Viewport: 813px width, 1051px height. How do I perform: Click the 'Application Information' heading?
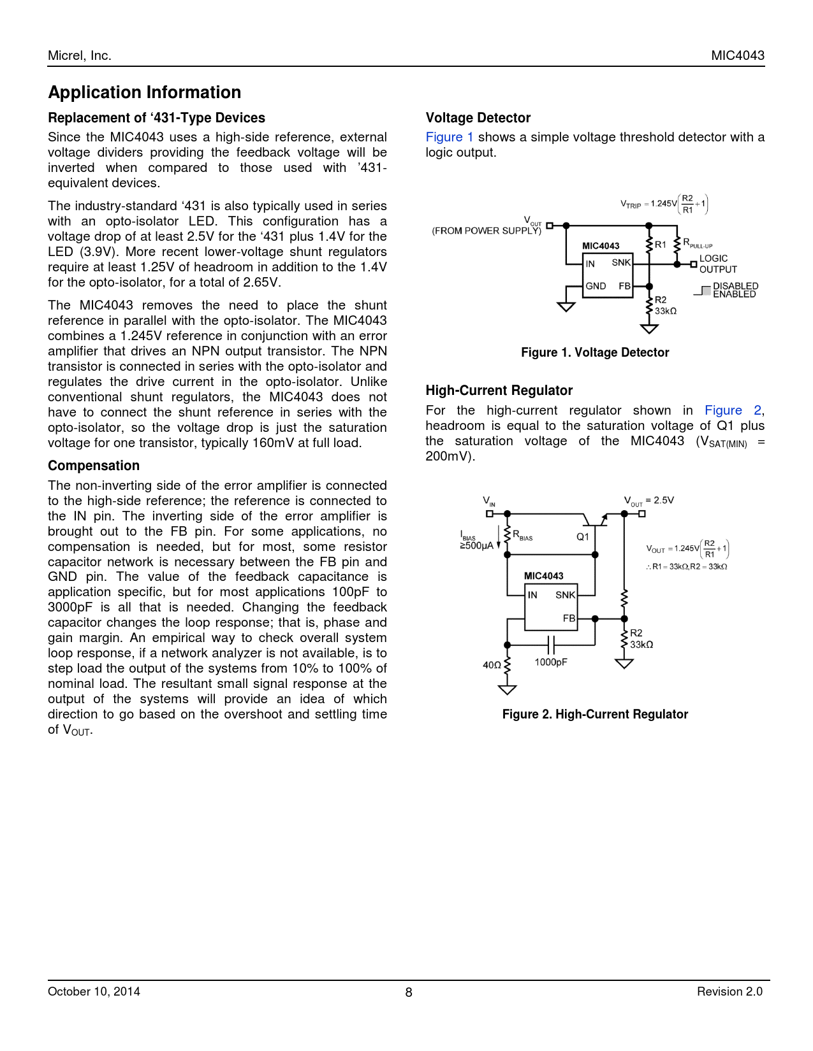coord(145,92)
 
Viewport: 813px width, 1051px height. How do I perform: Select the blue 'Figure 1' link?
coord(450,137)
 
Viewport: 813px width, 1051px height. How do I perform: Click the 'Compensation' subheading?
coord(94,466)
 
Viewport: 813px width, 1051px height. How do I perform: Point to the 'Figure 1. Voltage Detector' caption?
coord(595,352)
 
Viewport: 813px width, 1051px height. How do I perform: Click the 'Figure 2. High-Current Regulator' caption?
coord(595,714)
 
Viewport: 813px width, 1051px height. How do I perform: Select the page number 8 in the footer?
coord(409,992)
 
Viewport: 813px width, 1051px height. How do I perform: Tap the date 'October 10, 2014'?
coord(94,991)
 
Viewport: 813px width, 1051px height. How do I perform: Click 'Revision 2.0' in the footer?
coord(729,991)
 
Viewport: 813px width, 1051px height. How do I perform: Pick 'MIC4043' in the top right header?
coord(738,55)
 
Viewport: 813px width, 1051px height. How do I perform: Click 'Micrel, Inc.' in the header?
coord(80,55)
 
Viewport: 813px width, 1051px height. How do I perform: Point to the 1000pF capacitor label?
coord(550,662)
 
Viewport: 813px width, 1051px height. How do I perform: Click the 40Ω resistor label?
coord(492,665)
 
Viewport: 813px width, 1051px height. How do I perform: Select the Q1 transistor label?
coord(583,537)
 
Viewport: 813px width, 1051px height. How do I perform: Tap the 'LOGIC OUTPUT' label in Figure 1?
coord(718,264)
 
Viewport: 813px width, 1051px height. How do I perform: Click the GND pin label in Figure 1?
coord(596,286)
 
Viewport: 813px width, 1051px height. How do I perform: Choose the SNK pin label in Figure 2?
coord(565,595)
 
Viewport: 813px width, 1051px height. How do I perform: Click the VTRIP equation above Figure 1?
coord(664,204)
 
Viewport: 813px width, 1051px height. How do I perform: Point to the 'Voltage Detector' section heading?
coord(478,118)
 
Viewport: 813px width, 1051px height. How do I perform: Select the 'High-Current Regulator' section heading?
coord(499,390)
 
